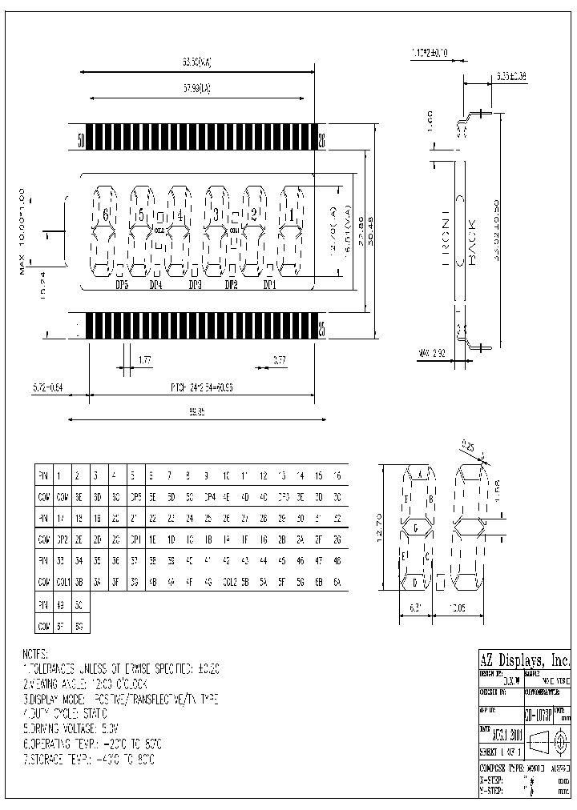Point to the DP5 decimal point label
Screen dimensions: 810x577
(122, 285)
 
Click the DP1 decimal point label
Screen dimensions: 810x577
(269, 285)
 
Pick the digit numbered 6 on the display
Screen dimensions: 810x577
(105, 215)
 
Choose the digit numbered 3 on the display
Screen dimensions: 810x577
(216, 215)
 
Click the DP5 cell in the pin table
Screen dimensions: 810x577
(135, 496)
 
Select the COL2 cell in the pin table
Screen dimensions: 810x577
(228, 581)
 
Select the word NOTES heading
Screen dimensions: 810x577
(36, 654)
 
